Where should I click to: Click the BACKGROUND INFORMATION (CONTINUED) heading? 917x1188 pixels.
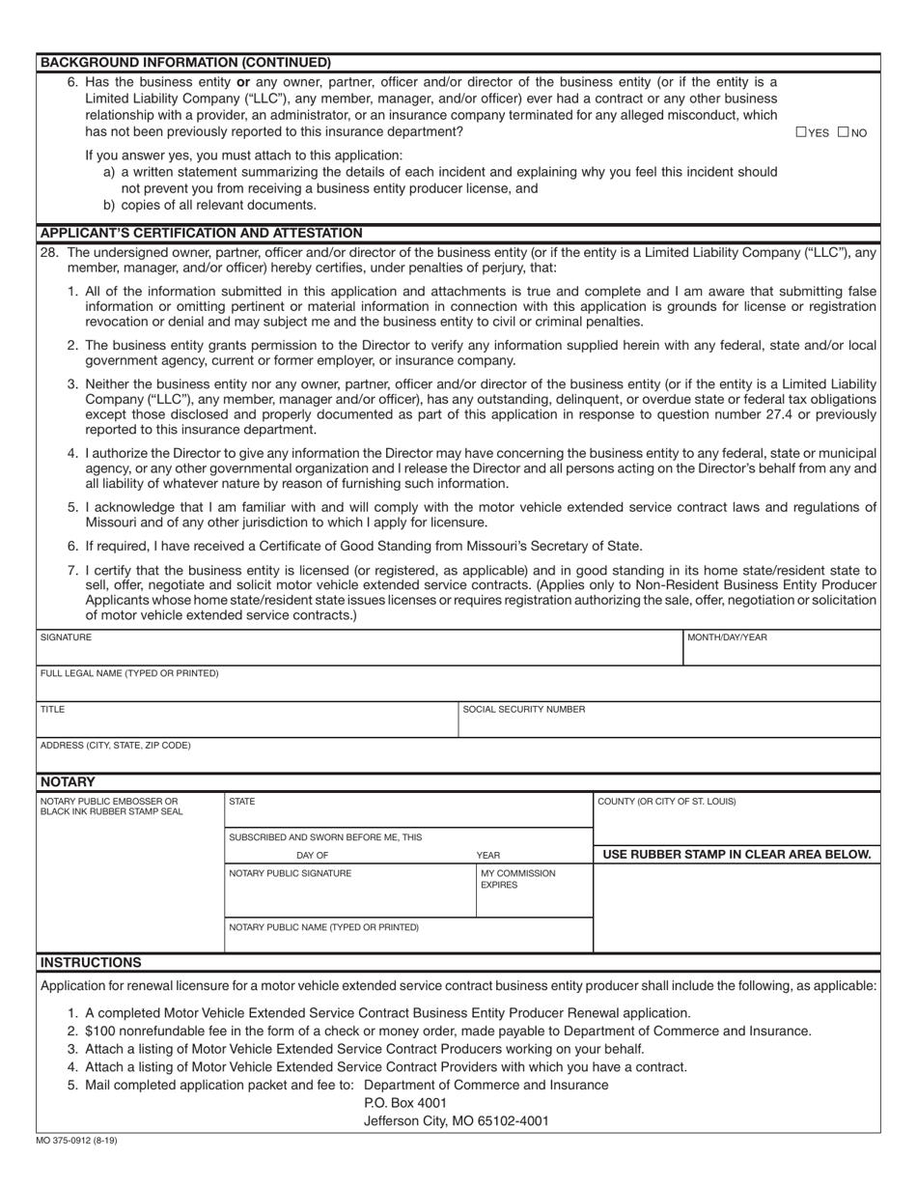pos(184,62)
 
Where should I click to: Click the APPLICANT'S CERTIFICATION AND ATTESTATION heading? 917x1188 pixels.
pos(201,233)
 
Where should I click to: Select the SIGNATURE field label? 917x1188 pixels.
pos(66,637)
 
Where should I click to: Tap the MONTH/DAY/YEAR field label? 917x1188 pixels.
pos(727,637)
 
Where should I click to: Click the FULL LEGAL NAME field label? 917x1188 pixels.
pos(129,673)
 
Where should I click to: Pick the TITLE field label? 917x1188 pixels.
pos(52,709)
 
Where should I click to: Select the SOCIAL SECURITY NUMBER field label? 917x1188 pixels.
pos(523,709)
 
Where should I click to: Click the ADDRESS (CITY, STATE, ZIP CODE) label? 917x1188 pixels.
pos(115,746)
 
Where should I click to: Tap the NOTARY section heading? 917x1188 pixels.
pos(68,781)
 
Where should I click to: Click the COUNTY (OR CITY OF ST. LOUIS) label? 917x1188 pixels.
pos(666,802)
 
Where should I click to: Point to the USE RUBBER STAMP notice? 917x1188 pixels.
pos(736,854)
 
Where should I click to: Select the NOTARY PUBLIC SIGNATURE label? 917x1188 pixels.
pos(290,873)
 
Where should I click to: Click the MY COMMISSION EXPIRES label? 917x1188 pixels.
pos(517,879)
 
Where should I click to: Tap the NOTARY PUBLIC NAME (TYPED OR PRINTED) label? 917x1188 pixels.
pos(323,927)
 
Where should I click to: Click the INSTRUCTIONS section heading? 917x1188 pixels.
pos(91,962)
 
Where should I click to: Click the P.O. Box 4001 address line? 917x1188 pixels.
pos(405,1102)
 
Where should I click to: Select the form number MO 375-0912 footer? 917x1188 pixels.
pos(77,1141)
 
